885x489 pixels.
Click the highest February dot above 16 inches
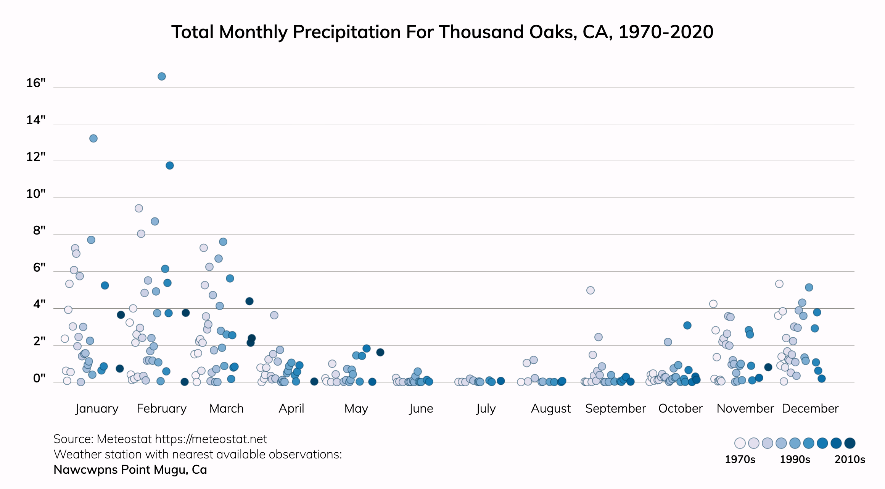(162, 76)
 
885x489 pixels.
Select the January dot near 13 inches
(93, 138)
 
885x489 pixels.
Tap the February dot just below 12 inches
(170, 165)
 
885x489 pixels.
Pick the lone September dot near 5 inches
(591, 290)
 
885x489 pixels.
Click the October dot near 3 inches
(687, 325)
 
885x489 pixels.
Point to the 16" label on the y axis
(36, 83)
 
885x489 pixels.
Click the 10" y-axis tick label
(36, 194)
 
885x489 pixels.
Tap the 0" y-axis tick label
(39, 378)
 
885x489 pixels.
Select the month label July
(486, 408)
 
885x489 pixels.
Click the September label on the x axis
(615, 408)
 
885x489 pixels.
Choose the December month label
(810, 408)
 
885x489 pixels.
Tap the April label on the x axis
(291, 408)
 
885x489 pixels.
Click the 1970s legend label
(740, 459)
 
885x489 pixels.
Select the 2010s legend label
(850, 459)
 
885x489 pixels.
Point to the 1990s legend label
(795, 459)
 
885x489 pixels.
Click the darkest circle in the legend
(850, 443)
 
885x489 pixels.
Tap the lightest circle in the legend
(740, 443)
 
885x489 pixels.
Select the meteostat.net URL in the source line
(211, 439)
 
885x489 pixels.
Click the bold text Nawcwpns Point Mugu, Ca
(130, 470)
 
